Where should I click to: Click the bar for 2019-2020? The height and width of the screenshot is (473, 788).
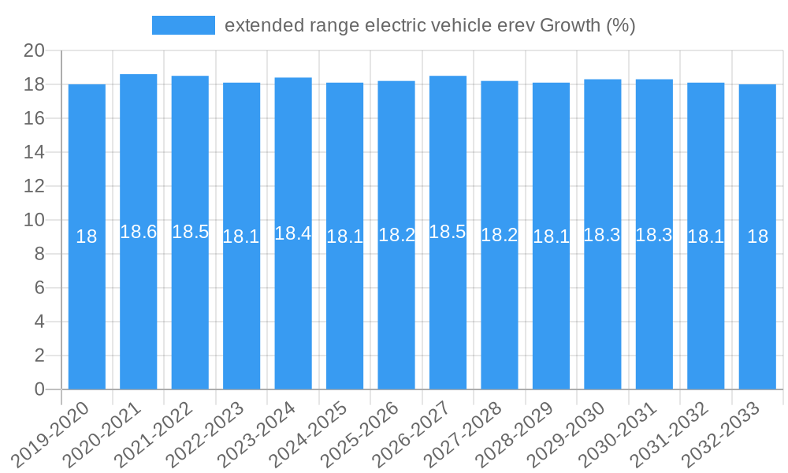pyautogui.click(x=87, y=236)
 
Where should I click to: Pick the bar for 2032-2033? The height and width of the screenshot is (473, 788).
pyautogui.click(x=757, y=236)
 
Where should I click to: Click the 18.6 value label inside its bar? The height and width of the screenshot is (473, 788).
pyautogui.click(x=139, y=232)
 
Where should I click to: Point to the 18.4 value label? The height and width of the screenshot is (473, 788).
pyautogui.click(x=293, y=233)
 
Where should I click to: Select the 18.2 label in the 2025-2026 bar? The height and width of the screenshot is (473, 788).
pyautogui.click(x=396, y=235)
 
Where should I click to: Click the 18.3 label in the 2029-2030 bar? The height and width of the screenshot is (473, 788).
pyautogui.click(x=602, y=234)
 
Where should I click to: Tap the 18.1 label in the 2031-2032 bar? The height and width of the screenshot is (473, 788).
pyautogui.click(x=706, y=236)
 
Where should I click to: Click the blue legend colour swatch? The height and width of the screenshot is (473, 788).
pyautogui.click(x=183, y=25)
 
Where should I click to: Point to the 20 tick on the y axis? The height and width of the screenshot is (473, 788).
pyautogui.click(x=35, y=51)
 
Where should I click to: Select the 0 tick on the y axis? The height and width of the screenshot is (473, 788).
pyautogui.click(x=40, y=389)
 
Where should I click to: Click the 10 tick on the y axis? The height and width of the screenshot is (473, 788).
pyautogui.click(x=35, y=220)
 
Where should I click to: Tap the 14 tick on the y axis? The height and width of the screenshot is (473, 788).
pyautogui.click(x=35, y=152)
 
